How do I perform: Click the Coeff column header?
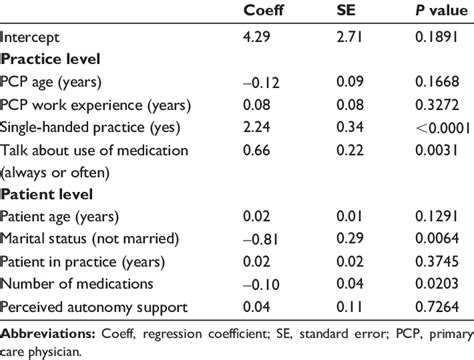click(264, 13)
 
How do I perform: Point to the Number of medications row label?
click(68, 281)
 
